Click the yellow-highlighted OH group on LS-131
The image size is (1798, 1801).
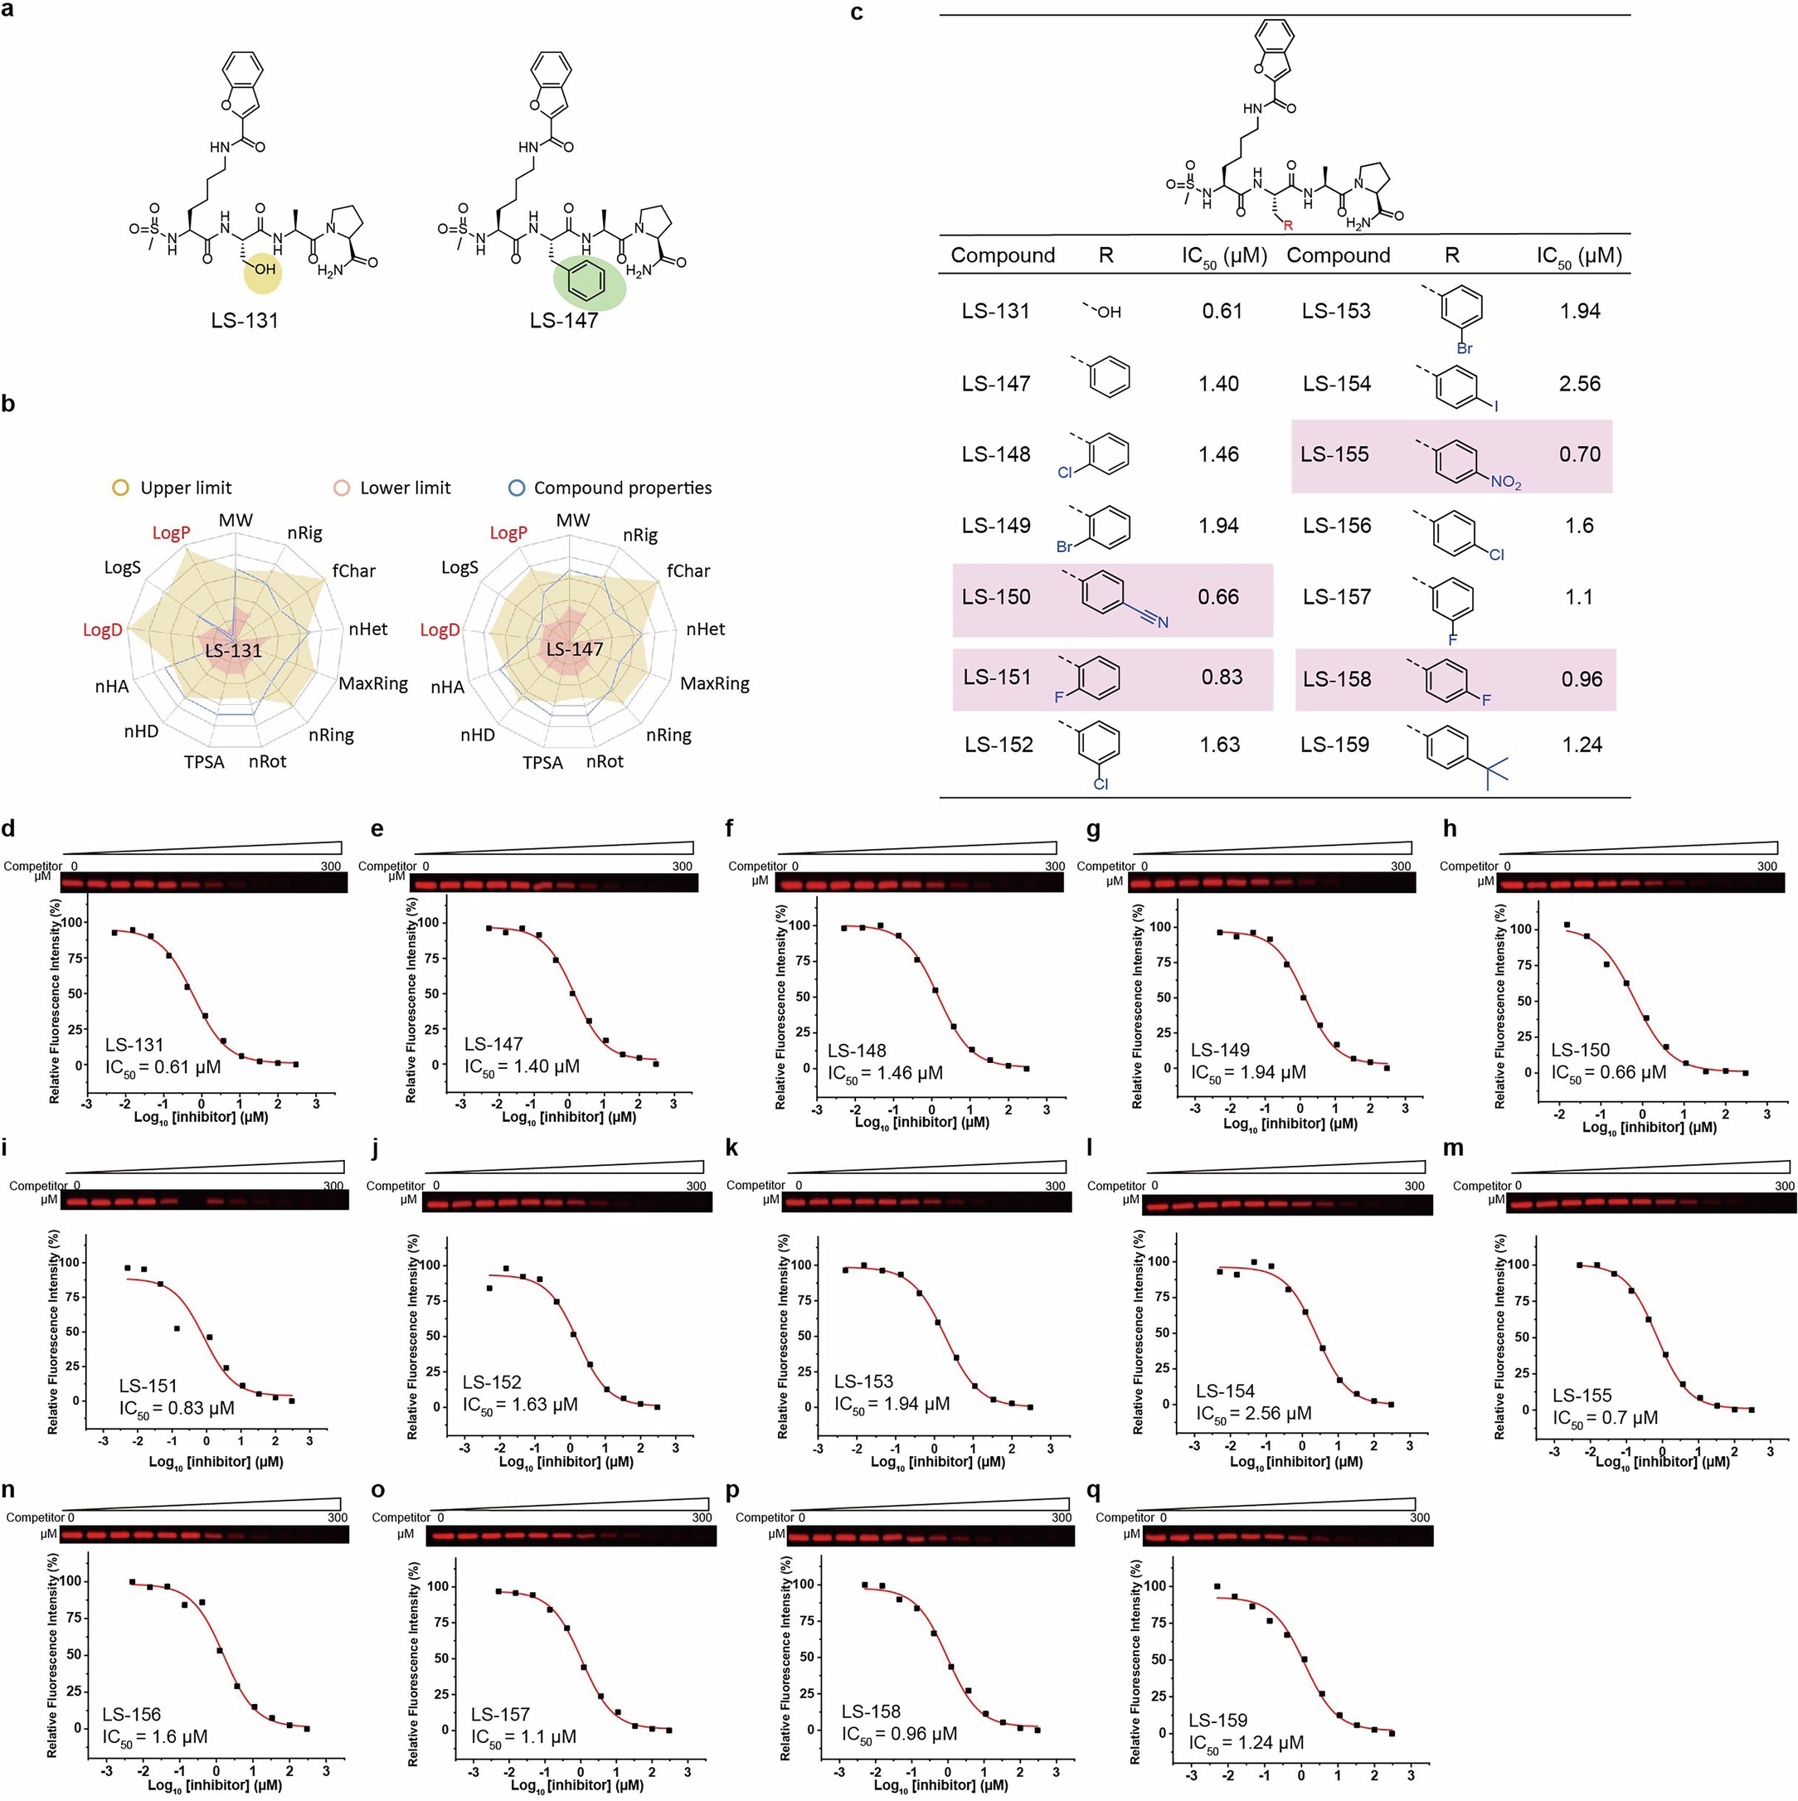point(265,270)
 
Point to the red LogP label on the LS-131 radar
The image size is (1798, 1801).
point(172,533)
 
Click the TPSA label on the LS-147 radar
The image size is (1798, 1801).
point(542,763)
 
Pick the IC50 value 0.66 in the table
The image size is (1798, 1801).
point(1218,597)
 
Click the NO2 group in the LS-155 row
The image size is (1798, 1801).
point(1505,482)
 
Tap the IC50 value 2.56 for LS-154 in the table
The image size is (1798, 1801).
point(1580,384)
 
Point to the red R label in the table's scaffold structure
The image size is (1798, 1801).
point(1288,225)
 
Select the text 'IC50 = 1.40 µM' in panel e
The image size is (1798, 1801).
point(522,1066)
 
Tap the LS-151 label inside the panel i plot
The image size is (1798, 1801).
point(148,1386)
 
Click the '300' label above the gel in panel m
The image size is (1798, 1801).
point(1784,1186)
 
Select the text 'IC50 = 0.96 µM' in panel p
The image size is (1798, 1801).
point(899,1734)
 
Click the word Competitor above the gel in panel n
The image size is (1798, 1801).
point(35,1517)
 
